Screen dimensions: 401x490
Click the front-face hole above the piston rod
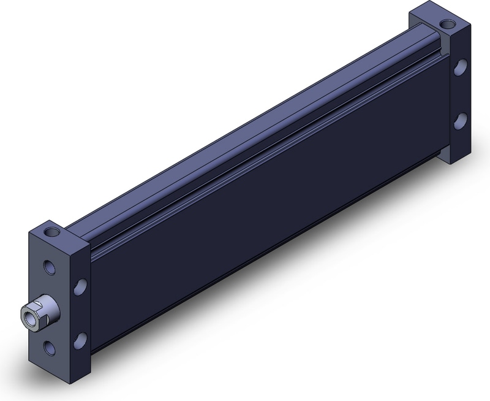tap(48, 267)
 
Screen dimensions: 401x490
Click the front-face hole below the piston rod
tap(48, 348)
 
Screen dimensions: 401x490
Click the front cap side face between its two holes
tap(80, 313)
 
